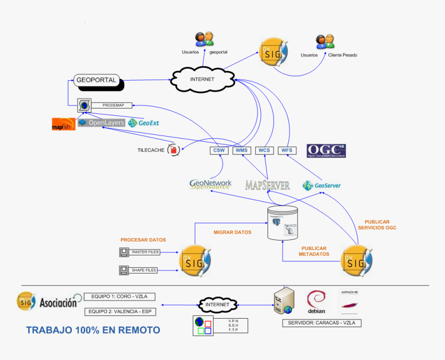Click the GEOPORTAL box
[x=97, y=80]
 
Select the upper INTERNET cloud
[x=202, y=79]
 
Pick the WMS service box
[x=242, y=151]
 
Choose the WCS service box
[x=264, y=151]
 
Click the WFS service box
[x=287, y=151]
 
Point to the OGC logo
[x=326, y=151]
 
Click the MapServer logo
[x=267, y=185]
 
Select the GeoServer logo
[x=322, y=185]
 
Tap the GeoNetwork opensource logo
[x=210, y=185]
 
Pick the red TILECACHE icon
[x=174, y=150]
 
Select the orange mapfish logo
[x=64, y=124]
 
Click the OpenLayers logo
[x=101, y=123]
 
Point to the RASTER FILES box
[x=145, y=252]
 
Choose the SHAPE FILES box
[x=144, y=270]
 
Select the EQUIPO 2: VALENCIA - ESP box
[x=120, y=312]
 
